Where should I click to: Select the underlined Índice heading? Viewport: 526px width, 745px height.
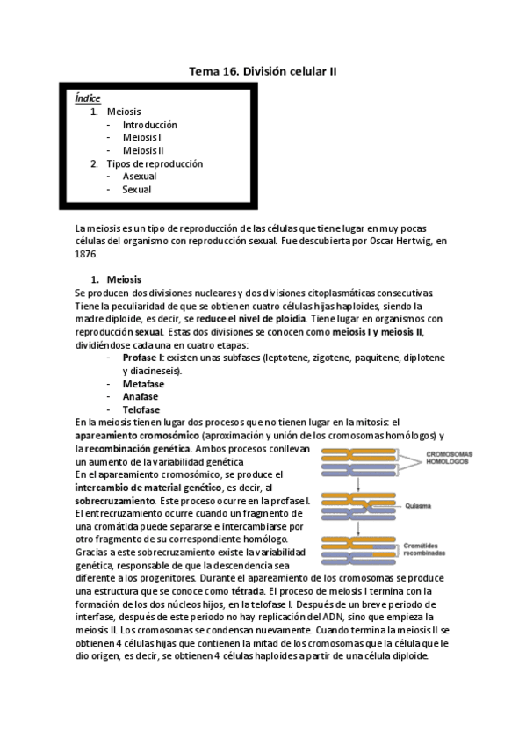pyautogui.click(x=88, y=98)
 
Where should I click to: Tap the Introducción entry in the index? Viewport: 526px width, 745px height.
pyautogui.click(x=149, y=125)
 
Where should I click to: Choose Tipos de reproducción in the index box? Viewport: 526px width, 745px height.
pyautogui.click(x=155, y=163)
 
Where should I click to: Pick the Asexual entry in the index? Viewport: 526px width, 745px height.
pyautogui.click(x=140, y=177)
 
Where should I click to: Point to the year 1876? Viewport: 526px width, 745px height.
pyautogui.click(x=86, y=253)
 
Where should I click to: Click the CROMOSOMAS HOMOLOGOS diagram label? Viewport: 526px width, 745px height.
pyautogui.click(x=449, y=459)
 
